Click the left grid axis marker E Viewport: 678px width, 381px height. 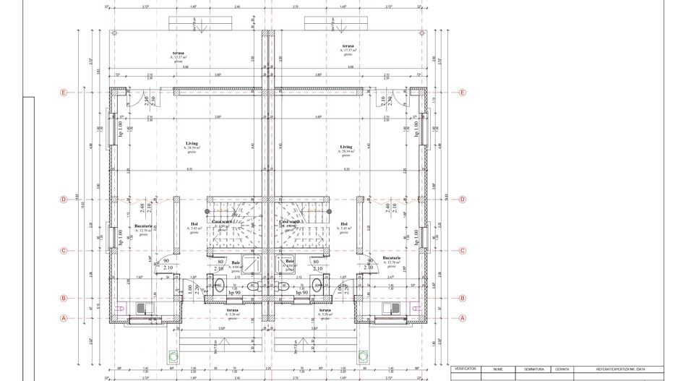tap(64, 93)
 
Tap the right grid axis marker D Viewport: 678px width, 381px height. tap(463, 200)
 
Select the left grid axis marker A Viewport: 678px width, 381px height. tap(64, 317)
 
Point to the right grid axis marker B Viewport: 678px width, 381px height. tap(463, 298)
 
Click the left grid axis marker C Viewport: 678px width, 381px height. tap(64, 251)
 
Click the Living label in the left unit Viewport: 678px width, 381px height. tap(192, 144)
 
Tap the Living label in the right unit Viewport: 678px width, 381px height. tap(346, 147)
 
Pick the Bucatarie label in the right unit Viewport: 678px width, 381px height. tap(392, 258)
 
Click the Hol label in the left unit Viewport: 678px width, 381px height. tap(194, 224)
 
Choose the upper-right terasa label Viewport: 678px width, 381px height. tap(348, 46)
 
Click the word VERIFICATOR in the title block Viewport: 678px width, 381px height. tap(465, 369)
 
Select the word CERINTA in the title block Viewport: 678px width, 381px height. tap(562, 369)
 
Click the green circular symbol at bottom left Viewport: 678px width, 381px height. tap(173, 356)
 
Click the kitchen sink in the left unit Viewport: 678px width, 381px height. tap(141, 309)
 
